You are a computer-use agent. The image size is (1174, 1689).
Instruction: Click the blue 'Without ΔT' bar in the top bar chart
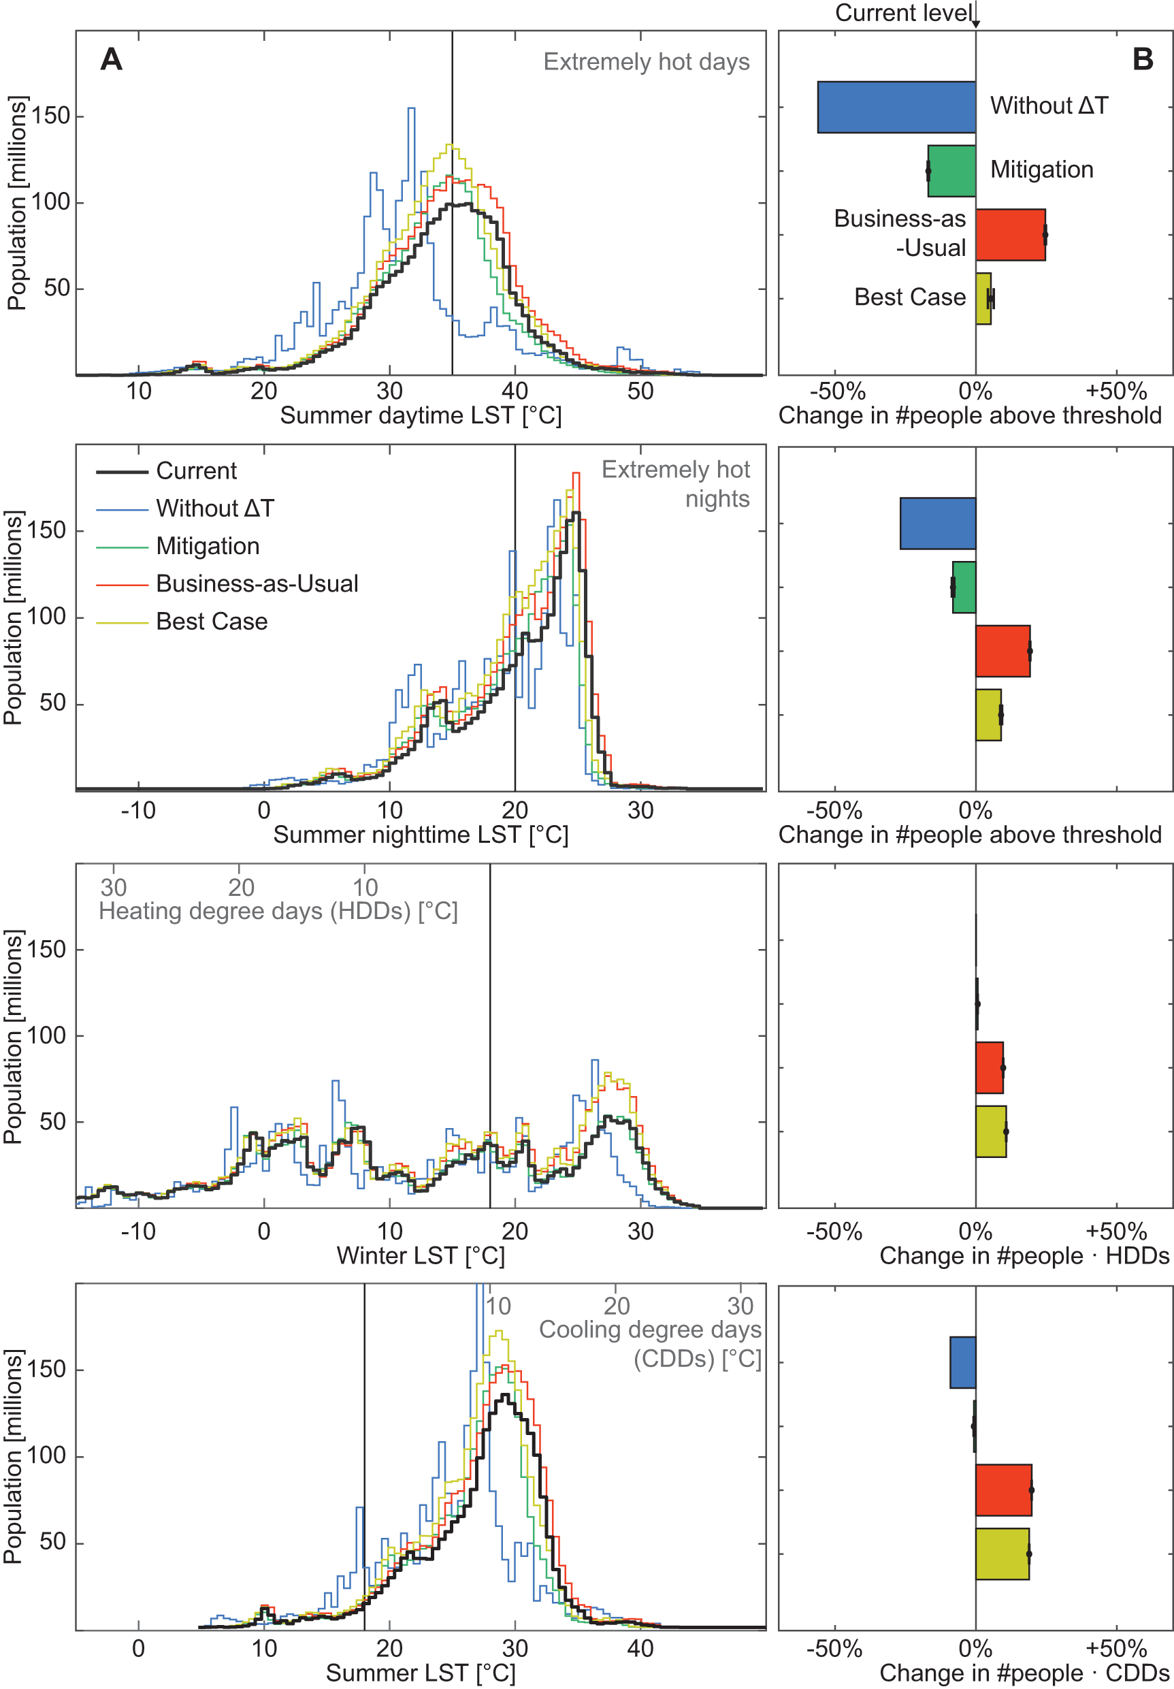[896, 108]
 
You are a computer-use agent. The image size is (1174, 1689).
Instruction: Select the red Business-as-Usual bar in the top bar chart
[1010, 235]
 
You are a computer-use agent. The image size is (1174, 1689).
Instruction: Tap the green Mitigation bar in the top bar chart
[952, 171]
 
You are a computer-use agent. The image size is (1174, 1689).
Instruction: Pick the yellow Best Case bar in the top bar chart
[983, 299]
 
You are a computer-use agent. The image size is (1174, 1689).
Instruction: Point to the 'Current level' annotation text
[903, 13]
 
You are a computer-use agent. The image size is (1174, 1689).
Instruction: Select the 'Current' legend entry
[196, 471]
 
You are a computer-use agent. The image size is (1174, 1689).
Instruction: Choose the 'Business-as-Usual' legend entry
[257, 583]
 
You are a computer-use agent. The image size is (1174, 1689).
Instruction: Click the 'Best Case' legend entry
[211, 622]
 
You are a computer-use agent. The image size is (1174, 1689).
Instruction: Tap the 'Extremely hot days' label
[646, 62]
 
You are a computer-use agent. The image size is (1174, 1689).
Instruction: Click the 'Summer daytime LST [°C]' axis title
[420, 416]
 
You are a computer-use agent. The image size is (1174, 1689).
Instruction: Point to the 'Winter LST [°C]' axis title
[420, 1256]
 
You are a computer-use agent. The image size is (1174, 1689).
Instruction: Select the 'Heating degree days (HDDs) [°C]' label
[278, 912]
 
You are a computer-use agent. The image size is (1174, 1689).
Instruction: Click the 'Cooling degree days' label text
[649, 1330]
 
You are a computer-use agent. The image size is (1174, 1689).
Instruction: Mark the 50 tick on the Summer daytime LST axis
[640, 391]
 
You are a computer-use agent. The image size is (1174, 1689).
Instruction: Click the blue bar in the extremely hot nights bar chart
[937, 524]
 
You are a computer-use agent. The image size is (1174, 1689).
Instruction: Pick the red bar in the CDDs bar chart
[1003, 1490]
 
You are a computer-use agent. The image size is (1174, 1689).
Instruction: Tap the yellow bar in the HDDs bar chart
[990, 1131]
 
